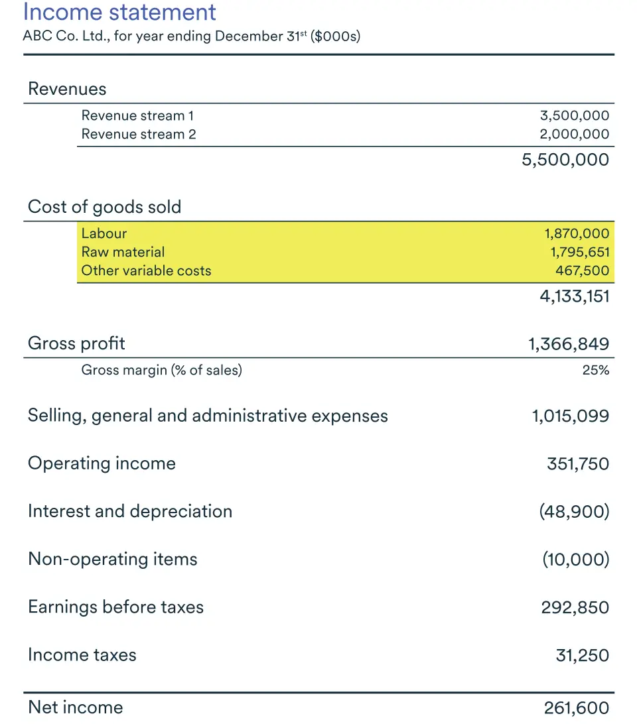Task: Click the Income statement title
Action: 119,12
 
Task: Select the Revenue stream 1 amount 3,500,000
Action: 575,116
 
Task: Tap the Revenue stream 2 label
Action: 139,135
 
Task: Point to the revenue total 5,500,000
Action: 565,160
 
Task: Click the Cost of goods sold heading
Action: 104,207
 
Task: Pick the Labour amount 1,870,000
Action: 577,233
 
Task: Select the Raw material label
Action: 123,252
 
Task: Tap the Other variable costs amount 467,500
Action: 582,271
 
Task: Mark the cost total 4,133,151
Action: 575,296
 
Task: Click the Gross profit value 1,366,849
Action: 569,343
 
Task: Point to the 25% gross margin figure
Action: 595,371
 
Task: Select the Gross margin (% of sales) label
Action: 161,371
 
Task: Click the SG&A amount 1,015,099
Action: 570,416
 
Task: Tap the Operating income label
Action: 102,463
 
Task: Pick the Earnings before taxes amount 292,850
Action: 575,607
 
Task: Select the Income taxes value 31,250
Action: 582,655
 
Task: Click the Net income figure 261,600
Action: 576,708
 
